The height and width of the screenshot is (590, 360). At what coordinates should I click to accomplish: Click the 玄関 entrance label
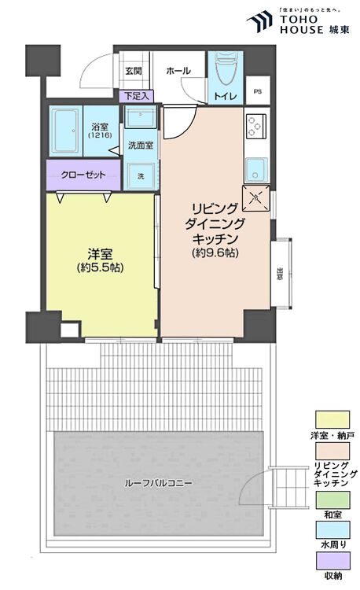pos(133,71)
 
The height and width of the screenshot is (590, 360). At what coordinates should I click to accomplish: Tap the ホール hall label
pos(178,71)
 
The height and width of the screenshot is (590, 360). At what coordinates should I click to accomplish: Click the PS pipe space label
pos(258,91)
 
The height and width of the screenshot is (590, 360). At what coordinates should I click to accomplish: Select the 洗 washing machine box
pos(140,175)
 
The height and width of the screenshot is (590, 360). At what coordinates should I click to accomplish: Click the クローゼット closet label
pos(83,175)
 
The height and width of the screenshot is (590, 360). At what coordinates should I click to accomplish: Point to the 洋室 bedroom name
pos(99,253)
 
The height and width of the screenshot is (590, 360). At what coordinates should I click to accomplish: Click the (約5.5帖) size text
pos(99,268)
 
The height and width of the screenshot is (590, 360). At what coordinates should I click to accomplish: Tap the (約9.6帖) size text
pos(215,253)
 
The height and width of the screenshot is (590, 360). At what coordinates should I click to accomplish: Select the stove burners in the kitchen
pos(256,124)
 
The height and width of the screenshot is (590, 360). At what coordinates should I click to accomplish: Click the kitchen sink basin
pos(256,168)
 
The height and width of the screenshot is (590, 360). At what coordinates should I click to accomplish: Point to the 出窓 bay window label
pos(281,274)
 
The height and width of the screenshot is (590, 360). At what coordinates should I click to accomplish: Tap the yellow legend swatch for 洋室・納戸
pos(332,419)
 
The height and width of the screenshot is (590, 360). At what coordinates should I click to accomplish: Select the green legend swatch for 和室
pos(332,497)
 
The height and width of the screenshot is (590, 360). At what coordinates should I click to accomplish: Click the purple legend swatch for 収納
pos(332,559)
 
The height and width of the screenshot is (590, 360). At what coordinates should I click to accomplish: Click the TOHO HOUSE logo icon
pos(259,21)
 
